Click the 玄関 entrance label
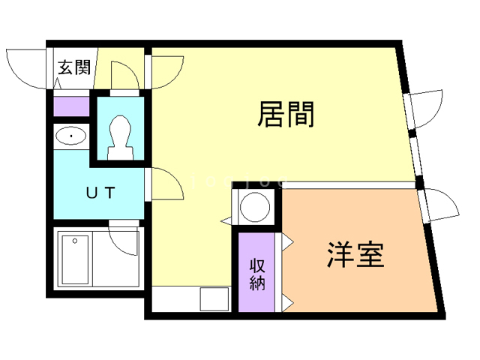74,68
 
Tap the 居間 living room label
286,115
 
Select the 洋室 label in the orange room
355,256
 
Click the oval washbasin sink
71,137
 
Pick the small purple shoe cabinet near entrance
71,105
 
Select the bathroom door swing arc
124,239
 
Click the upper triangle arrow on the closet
287,241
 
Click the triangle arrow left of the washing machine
225,220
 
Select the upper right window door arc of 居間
427,109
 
